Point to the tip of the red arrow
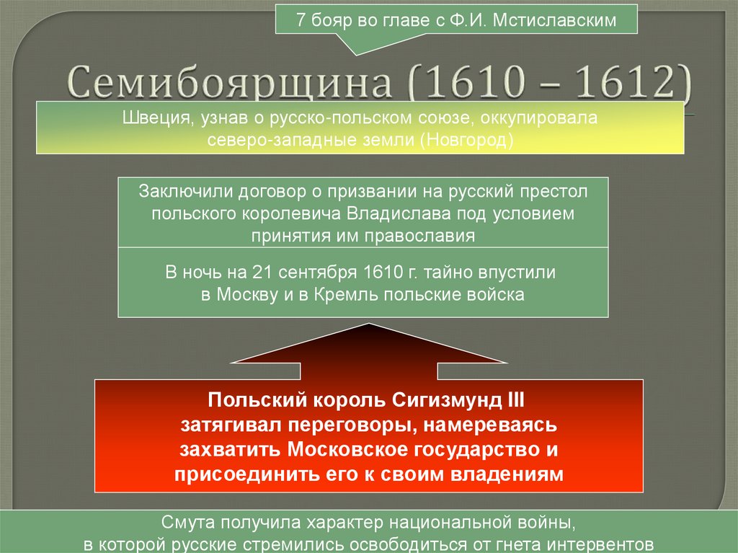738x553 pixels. [x=369, y=325]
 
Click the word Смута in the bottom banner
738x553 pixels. [x=185, y=521]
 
